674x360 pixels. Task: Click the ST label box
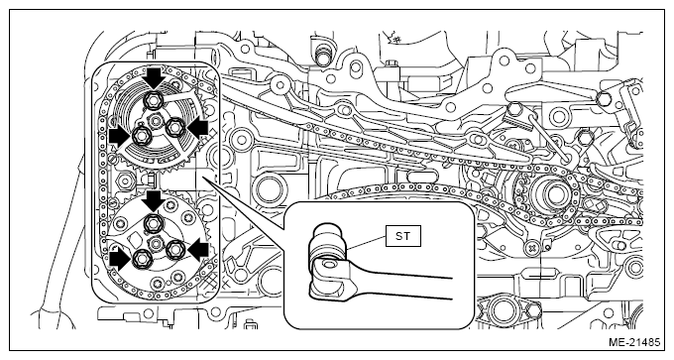pyautogui.click(x=402, y=236)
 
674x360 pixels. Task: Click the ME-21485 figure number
pyautogui.click(x=634, y=342)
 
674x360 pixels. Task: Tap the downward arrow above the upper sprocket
pyautogui.click(x=154, y=77)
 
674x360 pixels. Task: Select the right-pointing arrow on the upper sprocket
pyautogui.click(x=119, y=137)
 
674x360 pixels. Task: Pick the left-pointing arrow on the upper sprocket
pyautogui.click(x=197, y=128)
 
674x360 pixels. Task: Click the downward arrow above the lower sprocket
pyautogui.click(x=154, y=201)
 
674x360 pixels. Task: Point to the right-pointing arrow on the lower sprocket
pyautogui.click(x=119, y=260)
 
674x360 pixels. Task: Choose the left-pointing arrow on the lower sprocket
pyautogui.click(x=198, y=251)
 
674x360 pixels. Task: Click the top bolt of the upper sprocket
pyautogui.click(x=154, y=100)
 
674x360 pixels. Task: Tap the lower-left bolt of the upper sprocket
pyautogui.click(x=141, y=136)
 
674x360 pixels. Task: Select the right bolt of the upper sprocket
pyautogui.click(x=174, y=127)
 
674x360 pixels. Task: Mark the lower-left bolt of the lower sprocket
pyautogui.click(x=141, y=259)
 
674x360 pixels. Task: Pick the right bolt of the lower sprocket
pyautogui.click(x=175, y=250)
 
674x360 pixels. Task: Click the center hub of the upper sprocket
pyautogui.click(x=155, y=122)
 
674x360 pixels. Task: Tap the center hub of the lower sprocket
pyautogui.click(x=155, y=244)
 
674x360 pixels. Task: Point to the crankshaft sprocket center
pyautogui.click(x=551, y=193)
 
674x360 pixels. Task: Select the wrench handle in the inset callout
pyautogui.click(x=399, y=283)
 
